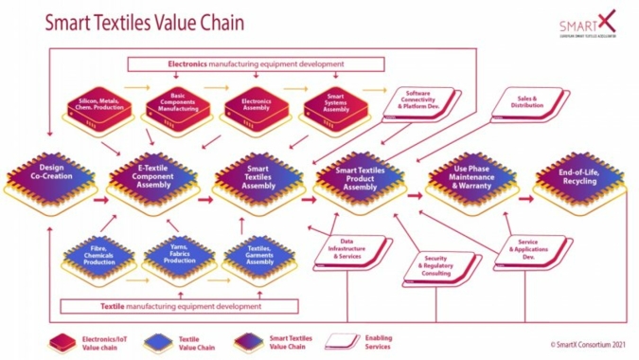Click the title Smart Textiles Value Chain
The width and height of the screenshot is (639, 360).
pyautogui.click(x=136, y=22)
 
